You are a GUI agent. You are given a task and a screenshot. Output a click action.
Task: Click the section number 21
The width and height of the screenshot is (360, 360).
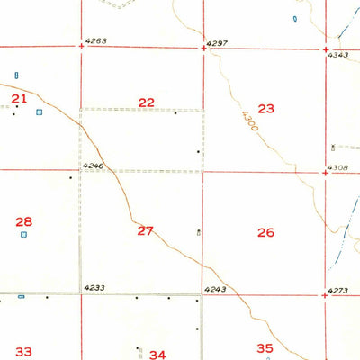19,98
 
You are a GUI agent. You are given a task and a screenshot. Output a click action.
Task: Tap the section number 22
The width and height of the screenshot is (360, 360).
147,103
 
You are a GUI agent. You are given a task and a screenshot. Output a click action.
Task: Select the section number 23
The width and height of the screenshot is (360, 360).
265,108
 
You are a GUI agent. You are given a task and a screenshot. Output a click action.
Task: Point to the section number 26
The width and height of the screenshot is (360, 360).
265,233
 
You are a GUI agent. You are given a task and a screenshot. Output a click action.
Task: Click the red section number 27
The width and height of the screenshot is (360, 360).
146,231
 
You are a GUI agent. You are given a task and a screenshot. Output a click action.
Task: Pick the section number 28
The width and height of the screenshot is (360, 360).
24,221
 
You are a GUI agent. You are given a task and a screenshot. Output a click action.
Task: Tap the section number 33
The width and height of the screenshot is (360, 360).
23,352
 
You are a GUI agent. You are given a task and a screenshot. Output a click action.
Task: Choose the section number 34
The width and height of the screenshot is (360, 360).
158,355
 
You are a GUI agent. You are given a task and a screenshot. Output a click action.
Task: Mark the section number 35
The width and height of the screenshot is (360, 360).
265,348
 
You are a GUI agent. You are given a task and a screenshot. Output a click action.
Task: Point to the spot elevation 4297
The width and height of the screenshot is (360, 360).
217,42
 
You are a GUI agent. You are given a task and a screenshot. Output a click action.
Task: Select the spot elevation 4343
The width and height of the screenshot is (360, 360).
338,56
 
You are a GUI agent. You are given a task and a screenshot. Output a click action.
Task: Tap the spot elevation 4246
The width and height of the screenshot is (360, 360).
93,166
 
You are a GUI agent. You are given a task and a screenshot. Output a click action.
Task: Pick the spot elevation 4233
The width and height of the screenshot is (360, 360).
94,288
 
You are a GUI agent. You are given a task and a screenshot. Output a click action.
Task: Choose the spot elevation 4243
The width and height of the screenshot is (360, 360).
214,289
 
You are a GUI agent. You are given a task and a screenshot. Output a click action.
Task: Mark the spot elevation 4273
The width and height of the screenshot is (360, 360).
338,290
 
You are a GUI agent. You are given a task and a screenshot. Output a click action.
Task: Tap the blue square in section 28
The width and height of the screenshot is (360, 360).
24,235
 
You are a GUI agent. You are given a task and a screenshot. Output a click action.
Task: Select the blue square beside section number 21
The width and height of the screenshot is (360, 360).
39,112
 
